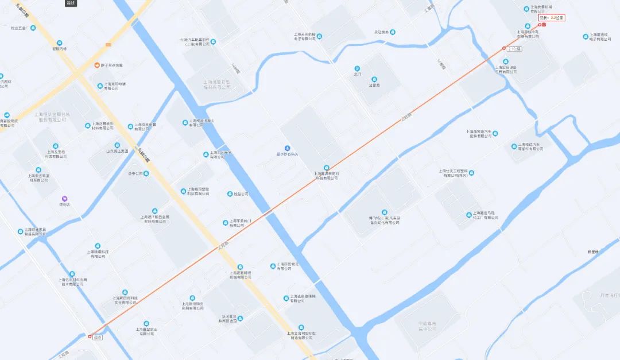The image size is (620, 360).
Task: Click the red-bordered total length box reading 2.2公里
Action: pos(551,18)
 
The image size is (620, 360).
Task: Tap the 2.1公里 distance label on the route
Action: pos(514,48)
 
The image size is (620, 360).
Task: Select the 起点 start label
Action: pos(99,337)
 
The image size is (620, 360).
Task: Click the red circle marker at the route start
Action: pos(90,337)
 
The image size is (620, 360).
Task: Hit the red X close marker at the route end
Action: pos(544,25)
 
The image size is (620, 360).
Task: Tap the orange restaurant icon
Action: pos(96,65)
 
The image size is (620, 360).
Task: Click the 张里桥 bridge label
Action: pos(593,251)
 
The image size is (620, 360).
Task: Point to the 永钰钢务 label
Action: pos(382,32)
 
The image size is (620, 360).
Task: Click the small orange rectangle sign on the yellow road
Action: pos(108,44)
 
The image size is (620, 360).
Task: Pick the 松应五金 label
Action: pos(18,28)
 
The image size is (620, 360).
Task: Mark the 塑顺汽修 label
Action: pos(60,49)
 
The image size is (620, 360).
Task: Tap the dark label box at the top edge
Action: pos(71,3)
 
